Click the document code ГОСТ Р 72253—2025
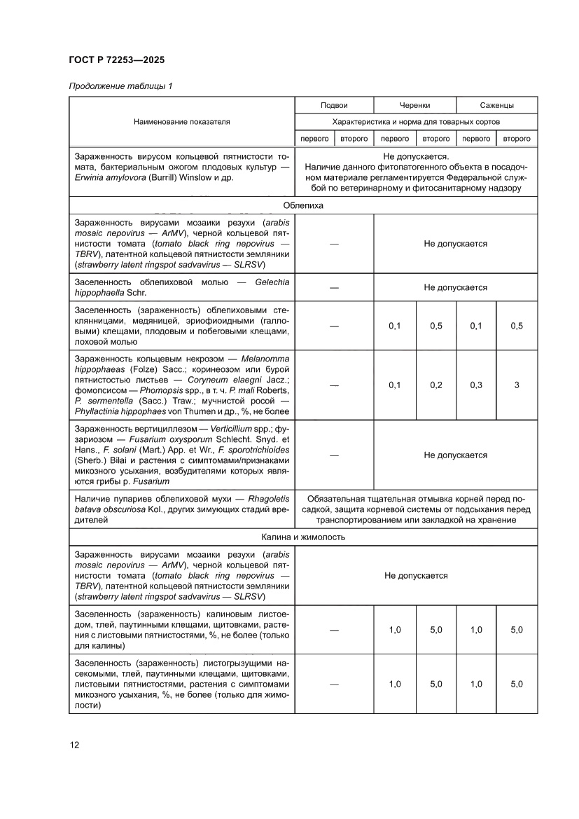(116, 60)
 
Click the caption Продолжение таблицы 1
(120, 86)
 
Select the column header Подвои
(334, 105)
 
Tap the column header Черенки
(415, 105)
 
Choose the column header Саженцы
(497, 105)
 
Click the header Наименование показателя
(181, 122)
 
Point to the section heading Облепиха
(303, 205)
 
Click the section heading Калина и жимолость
(303, 538)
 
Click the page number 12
(74, 745)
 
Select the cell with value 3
(517, 385)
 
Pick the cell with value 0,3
(476, 385)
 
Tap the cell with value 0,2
(435, 385)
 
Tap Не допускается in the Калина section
(416, 575)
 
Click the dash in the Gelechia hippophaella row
(334, 288)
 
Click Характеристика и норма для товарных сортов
(416, 122)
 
